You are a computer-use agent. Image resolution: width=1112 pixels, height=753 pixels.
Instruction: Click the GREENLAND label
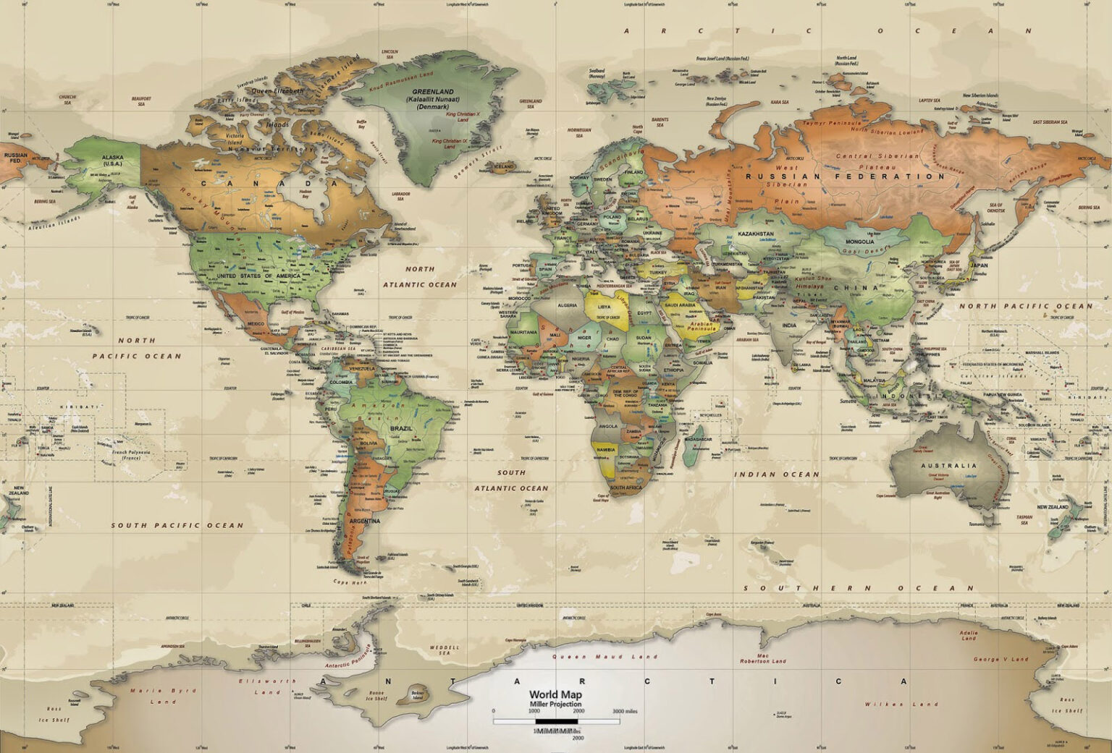432,92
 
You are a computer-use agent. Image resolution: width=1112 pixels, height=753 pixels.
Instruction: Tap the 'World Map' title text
555,694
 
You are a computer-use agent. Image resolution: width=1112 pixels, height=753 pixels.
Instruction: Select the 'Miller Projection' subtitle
555,704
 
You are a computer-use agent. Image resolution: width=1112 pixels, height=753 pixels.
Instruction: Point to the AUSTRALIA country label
948,466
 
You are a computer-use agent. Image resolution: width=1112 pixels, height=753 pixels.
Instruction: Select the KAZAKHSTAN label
756,234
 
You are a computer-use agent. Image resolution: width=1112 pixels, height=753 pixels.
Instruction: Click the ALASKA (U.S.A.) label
112,160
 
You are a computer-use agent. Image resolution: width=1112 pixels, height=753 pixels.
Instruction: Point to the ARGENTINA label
364,521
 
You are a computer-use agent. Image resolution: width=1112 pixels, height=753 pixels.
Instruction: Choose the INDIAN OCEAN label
778,475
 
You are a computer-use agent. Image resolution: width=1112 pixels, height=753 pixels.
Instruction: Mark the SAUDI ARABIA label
681,306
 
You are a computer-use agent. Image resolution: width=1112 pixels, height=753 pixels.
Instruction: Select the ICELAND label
503,166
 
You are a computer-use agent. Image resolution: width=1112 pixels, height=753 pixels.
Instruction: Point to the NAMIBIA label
605,449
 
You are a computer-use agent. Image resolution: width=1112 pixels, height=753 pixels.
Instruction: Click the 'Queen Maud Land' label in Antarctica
605,657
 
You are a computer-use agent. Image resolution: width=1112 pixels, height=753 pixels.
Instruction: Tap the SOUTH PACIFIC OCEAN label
177,525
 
